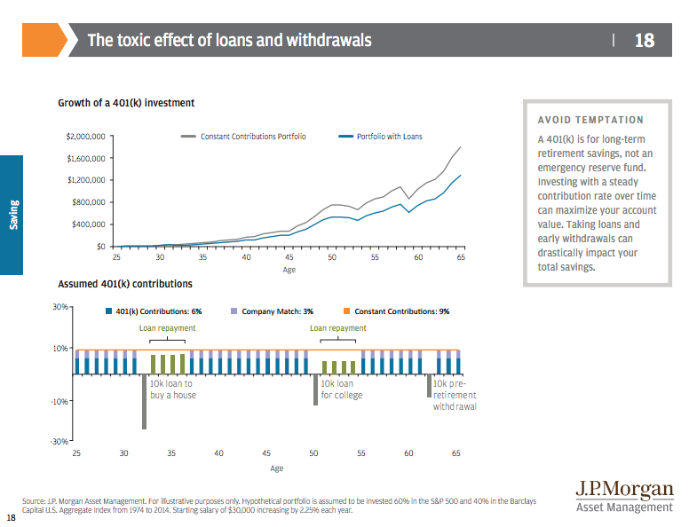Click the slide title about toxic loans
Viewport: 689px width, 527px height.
pos(229,40)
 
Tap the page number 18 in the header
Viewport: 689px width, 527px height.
pos(644,40)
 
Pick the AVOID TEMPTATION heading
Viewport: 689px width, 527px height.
pos(590,120)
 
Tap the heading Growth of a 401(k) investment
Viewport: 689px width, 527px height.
pos(126,103)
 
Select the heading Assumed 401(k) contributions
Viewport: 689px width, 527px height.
pos(124,285)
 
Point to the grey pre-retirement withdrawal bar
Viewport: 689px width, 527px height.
pos(429,385)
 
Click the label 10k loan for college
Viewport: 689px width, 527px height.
pos(342,389)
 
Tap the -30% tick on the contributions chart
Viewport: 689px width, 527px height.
pos(60,441)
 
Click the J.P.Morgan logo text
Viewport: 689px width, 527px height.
pos(624,491)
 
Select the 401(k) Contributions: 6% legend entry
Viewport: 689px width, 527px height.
pos(154,311)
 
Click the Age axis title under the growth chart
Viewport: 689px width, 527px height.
pos(289,269)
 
